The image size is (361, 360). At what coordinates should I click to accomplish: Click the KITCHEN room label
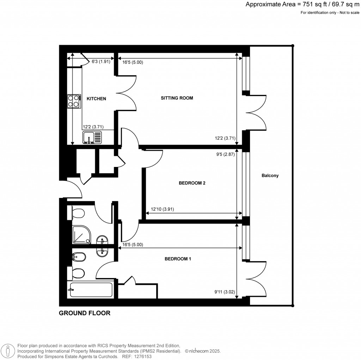pos(96,99)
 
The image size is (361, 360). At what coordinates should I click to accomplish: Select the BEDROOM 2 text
pos(192,183)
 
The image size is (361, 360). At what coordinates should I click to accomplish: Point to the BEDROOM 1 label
pos(178,259)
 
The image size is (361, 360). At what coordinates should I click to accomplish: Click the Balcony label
pos(270,175)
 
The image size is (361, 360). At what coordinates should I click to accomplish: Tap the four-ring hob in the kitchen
pos(73,101)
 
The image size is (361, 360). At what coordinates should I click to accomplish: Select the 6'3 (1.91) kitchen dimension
pos(101,61)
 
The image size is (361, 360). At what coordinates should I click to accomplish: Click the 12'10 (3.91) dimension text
pos(163,209)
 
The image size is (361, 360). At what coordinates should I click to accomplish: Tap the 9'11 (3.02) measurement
pos(225,292)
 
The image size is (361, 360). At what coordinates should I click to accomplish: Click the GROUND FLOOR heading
pos(85,313)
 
